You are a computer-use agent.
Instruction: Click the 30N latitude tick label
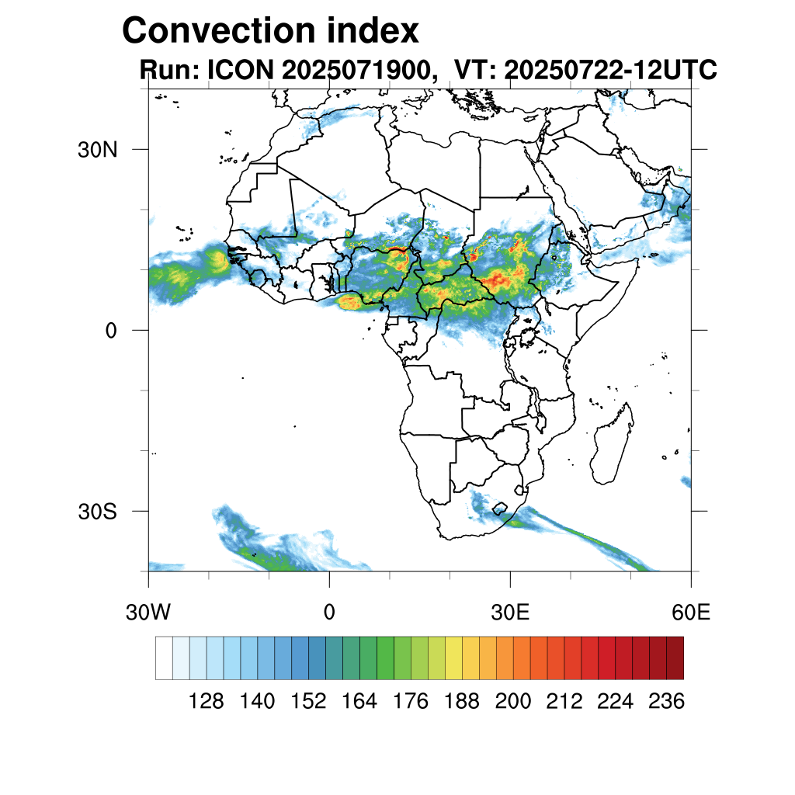pyautogui.click(x=98, y=150)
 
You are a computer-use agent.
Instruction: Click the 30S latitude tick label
pyautogui.click(x=98, y=512)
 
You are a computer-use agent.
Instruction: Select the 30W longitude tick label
pyautogui.click(x=148, y=613)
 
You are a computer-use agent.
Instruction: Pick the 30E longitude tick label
pyautogui.click(x=510, y=613)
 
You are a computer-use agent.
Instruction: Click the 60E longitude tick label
pyautogui.click(x=690, y=613)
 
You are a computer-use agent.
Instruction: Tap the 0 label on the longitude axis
pyautogui.click(x=329, y=613)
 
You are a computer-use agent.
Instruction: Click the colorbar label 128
pyautogui.click(x=206, y=702)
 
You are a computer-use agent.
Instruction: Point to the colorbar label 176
pyautogui.click(x=411, y=702)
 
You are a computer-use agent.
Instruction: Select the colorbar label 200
pyautogui.click(x=513, y=702)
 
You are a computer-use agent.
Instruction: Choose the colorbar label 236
pyautogui.click(x=666, y=702)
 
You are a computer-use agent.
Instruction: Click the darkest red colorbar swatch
pyautogui.click(x=675, y=658)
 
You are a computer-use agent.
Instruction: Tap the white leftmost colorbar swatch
pyautogui.click(x=164, y=658)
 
